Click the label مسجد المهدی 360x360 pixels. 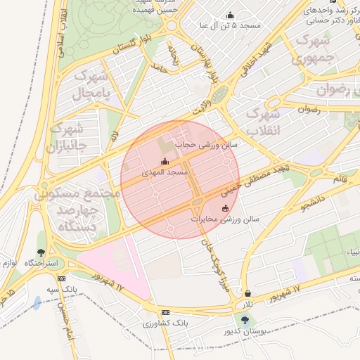click(165, 172)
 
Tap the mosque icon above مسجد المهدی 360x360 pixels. click(165, 162)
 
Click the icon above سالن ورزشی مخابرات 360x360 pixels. click(225, 208)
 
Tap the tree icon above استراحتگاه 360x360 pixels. click(42, 252)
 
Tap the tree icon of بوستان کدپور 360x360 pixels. click(245, 320)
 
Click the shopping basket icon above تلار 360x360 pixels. click(247, 293)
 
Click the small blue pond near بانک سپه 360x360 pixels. click(37, 303)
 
